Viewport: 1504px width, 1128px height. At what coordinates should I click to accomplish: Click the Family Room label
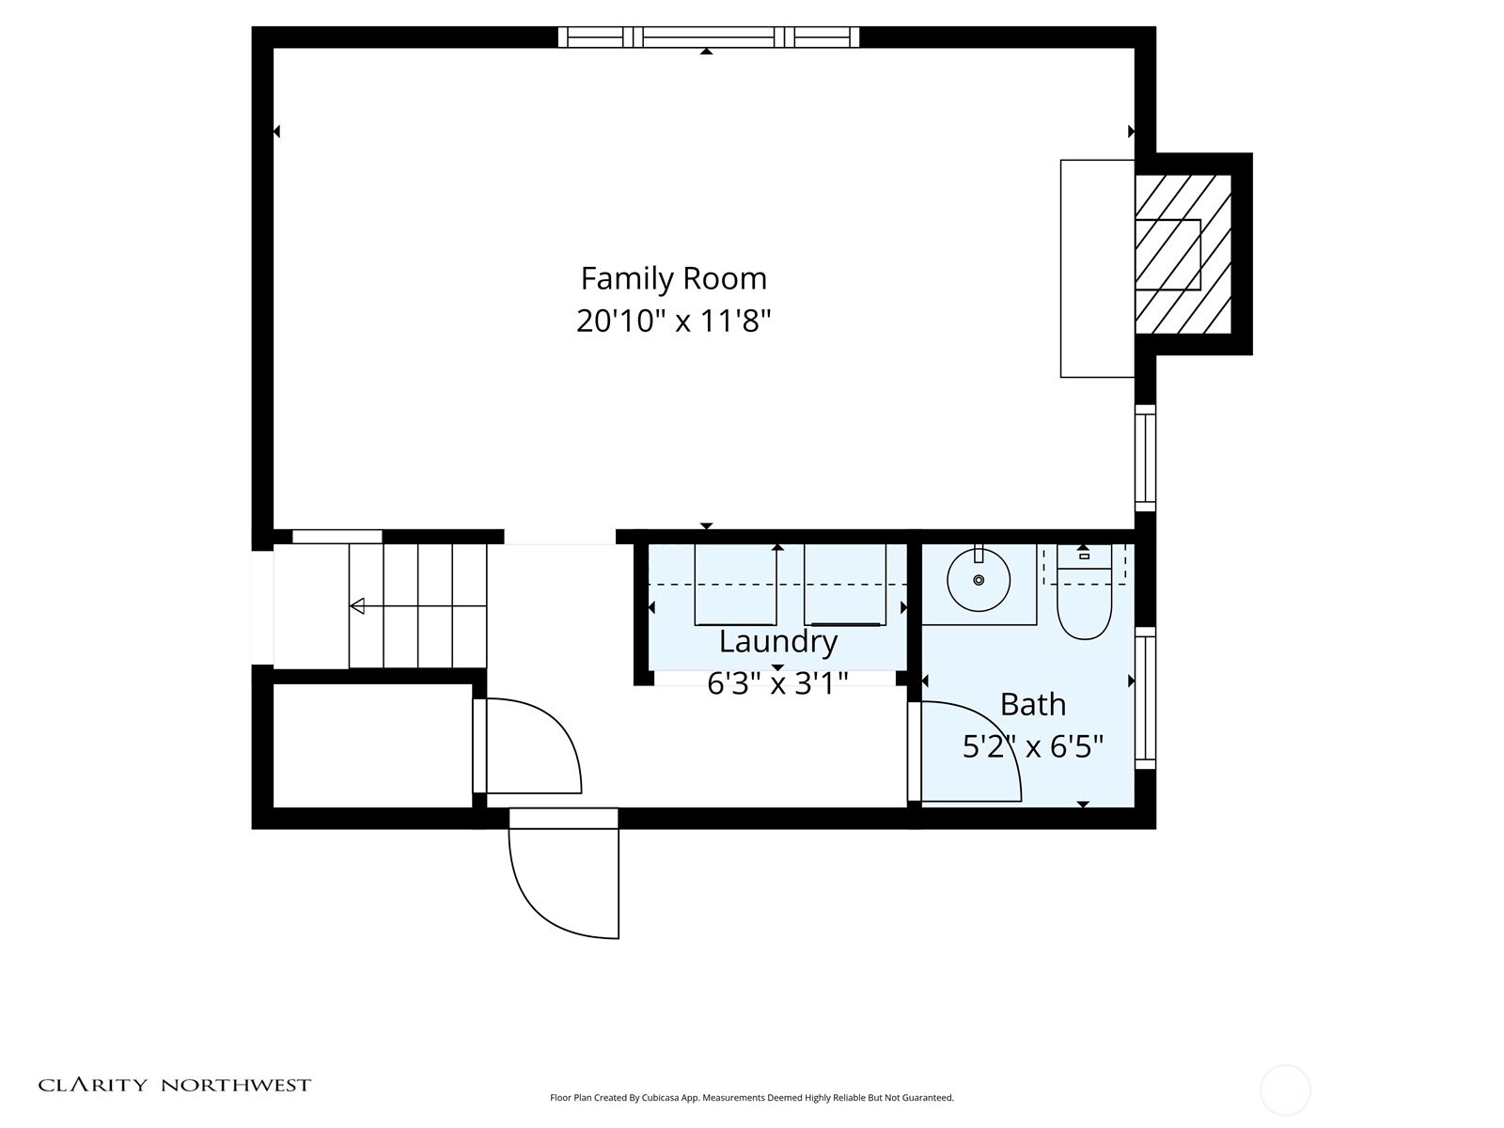click(x=673, y=279)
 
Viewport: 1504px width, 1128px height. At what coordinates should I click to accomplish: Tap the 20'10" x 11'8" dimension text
click(x=673, y=321)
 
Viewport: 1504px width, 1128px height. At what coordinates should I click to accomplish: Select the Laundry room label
click(x=777, y=642)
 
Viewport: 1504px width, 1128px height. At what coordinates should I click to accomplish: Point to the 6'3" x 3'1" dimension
click(x=777, y=682)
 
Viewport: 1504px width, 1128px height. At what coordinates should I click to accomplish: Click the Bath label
click(x=1032, y=704)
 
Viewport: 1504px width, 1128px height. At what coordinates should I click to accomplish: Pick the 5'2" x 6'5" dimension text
click(x=1032, y=747)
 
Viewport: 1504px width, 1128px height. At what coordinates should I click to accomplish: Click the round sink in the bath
click(x=979, y=580)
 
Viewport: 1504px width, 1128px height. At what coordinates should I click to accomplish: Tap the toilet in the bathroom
click(x=1084, y=595)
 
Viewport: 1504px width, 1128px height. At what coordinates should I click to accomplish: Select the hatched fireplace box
click(x=1182, y=254)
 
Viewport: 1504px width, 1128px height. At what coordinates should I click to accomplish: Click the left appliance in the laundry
click(x=735, y=585)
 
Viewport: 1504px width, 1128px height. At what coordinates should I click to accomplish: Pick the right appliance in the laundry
click(x=844, y=585)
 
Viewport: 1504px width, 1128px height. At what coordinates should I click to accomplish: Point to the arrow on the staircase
click(x=358, y=606)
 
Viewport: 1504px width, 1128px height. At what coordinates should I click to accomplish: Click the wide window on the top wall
click(x=708, y=37)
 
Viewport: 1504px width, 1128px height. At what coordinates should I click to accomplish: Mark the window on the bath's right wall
click(x=1145, y=697)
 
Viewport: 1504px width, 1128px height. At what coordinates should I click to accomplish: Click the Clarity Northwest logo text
click(x=174, y=1085)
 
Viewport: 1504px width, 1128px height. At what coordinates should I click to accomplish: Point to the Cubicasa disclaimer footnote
click(x=751, y=1097)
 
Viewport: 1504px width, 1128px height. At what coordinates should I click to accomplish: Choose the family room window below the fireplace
click(x=1145, y=458)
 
